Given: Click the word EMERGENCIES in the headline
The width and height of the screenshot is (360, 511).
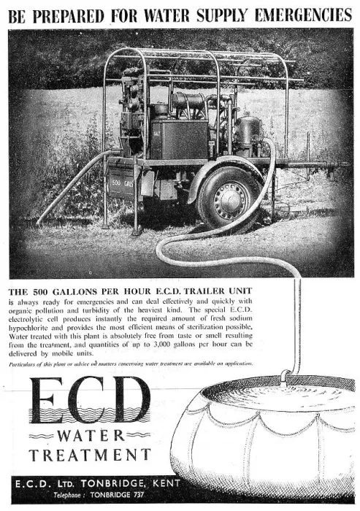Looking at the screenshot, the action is [303, 15].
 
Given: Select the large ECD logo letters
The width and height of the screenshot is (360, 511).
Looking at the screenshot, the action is [90, 399].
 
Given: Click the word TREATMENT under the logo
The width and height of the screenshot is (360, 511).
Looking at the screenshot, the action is [90, 455].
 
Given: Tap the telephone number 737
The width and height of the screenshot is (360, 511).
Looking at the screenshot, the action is [138, 495].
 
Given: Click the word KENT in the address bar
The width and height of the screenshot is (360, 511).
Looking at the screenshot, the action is [166, 483].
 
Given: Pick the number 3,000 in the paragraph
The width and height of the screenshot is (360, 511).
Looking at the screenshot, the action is [161, 344].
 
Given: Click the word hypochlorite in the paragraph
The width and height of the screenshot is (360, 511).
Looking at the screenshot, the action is [28, 328].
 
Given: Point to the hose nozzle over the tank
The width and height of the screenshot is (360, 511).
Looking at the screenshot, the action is [285, 377].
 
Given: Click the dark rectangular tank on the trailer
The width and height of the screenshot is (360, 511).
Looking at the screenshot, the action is [179, 139].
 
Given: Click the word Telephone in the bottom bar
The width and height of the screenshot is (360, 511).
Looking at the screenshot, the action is [67, 495].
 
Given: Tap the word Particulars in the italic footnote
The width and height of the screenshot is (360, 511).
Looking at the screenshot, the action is [21, 364].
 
